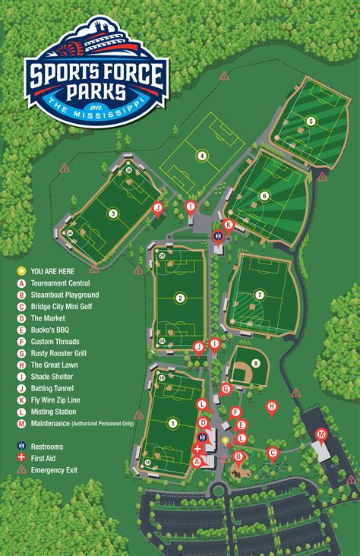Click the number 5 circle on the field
pos(311,121)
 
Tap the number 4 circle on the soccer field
pos(202,156)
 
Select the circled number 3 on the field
pos(113,213)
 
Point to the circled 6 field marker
pos(264,196)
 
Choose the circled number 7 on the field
pos(260,295)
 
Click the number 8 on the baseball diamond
pos(256,363)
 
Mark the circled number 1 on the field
pos(173,423)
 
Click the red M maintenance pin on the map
pos(321,434)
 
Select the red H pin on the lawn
pos(271,407)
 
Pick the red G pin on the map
pos(226,389)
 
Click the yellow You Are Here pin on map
pos(225,440)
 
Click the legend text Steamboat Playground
pos(65,295)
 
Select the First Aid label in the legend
pos(47,458)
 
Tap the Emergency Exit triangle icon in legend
pos(21,470)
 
